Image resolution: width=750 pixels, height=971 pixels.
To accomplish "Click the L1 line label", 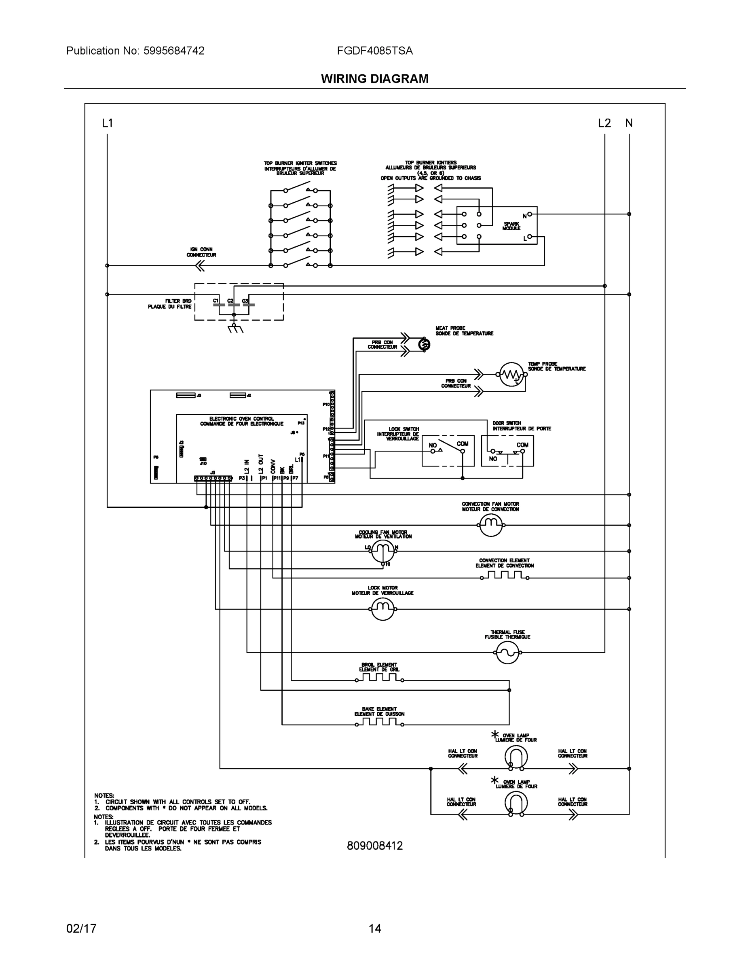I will pyautogui.click(x=108, y=123).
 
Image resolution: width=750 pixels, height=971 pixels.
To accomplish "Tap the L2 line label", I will pyautogui.click(x=604, y=123).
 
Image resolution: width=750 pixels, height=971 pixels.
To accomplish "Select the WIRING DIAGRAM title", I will pyautogui.click(x=374, y=79).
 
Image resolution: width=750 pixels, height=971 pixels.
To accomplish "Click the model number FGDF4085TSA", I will pyautogui.click(x=374, y=51).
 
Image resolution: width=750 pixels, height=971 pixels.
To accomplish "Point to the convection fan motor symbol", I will pyautogui.click(x=491, y=525).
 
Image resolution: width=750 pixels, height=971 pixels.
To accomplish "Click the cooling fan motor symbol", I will pyautogui.click(x=382, y=552).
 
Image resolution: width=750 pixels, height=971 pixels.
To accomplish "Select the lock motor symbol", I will pyautogui.click(x=382, y=608).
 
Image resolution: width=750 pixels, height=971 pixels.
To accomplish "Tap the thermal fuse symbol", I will pyautogui.click(x=507, y=652).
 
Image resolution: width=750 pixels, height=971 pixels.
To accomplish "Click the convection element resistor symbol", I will pyautogui.click(x=504, y=575).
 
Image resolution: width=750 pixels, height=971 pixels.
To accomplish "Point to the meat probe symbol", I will pyautogui.click(x=424, y=344).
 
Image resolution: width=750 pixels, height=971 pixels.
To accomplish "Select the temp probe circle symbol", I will pyautogui.click(x=511, y=374).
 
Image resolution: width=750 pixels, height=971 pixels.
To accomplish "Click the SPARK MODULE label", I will pyautogui.click(x=511, y=226).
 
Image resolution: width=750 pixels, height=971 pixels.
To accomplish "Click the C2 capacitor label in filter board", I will pyautogui.click(x=230, y=301).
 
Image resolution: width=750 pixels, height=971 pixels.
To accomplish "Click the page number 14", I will pyautogui.click(x=374, y=929).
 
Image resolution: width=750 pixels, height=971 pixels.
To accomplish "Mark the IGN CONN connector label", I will pyautogui.click(x=201, y=252).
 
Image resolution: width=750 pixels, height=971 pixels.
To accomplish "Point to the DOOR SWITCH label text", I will pyautogui.click(x=507, y=423).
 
